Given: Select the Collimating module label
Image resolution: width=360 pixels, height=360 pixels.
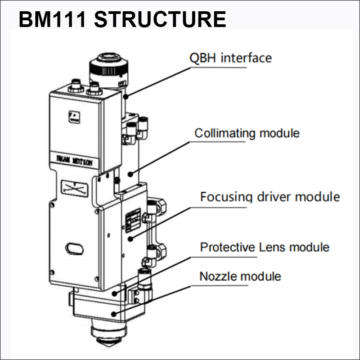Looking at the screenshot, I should [x=247, y=133].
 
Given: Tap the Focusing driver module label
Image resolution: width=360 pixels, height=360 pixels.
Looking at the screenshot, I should [x=270, y=197].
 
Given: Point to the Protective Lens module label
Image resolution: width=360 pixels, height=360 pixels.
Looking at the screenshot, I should [x=264, y=247].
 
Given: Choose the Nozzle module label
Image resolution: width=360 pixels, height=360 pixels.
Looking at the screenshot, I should [x=240, y=276].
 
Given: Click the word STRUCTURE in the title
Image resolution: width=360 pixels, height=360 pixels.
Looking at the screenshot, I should [x=161, y=19].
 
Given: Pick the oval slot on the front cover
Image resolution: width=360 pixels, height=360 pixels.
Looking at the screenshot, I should [x=74, y=247].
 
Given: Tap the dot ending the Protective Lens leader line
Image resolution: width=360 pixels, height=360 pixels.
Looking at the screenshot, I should [x=114, y=293].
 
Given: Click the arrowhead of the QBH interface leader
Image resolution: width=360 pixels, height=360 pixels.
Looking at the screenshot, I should [x=127, y=96].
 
